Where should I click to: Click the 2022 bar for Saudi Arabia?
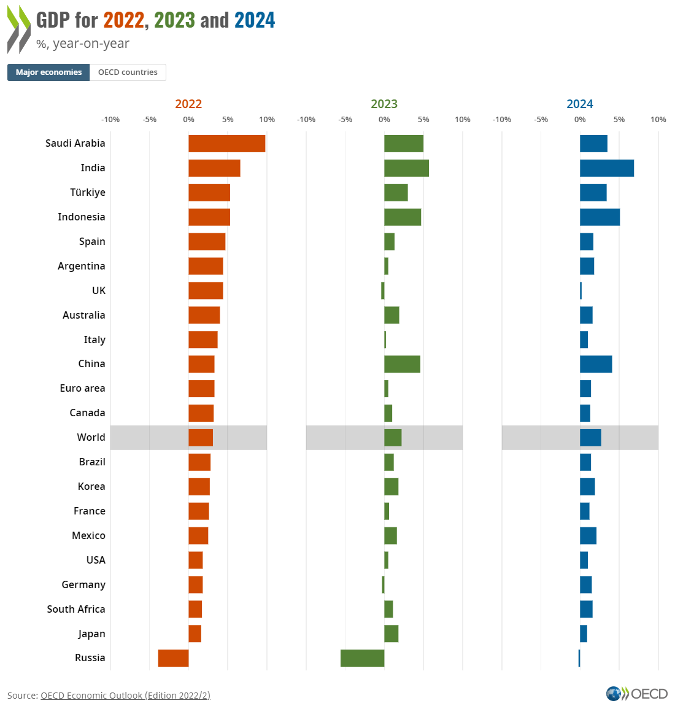click(226, 144)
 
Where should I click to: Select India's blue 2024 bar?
click(606, 168)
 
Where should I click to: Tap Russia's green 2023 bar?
click(362, 658)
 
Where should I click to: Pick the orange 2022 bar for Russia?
click(173, 658)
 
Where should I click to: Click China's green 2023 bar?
click(402, 364)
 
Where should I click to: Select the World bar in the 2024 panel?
click(590, 438)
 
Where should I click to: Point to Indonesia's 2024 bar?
click(600, 217)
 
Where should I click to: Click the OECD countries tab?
click(128, 72)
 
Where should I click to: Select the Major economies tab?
click(48, 72)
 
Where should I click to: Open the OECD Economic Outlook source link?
click(125, 696)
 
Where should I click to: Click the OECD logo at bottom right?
click(636, 694)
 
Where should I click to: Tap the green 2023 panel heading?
click(384, 104)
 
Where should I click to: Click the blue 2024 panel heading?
click(580, 104)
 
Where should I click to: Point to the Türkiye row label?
click(88, 193)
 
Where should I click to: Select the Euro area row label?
click(82, 389)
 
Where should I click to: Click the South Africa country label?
click(76, 609)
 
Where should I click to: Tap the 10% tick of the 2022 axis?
click(267, 120)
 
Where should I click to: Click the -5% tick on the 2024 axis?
click(541, 120)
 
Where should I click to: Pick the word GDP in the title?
click(53, 20)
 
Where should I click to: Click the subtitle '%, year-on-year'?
click(82, 44)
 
